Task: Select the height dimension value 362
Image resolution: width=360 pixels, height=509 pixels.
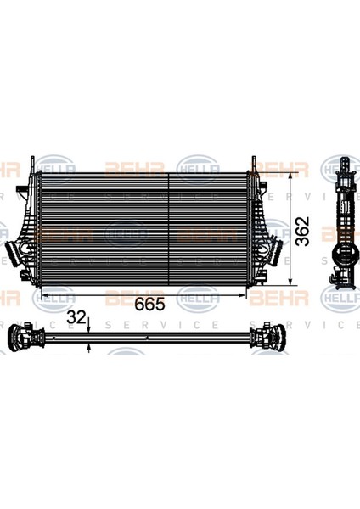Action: (304, 229)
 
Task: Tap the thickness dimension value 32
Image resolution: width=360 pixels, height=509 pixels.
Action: (76, 318)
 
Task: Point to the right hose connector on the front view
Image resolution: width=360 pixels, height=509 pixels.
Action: (274, 252)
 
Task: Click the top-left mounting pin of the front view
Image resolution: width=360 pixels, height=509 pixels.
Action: (34, 162)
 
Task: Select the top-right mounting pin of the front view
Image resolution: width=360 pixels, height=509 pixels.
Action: (253, 162)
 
